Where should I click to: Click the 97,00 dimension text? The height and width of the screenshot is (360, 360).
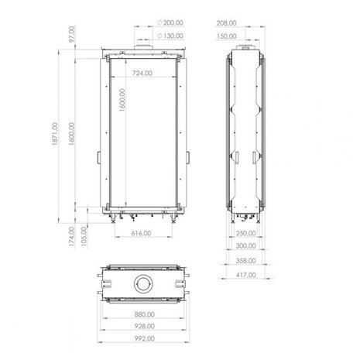pyautogui.click(x=70, y=36)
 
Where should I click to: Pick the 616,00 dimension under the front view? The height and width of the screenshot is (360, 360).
pyautogui.click(x=142, y=233)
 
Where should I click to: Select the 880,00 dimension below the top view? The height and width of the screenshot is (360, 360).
pyautogui.click(x=142, y=314)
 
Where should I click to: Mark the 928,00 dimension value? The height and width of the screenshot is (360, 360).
pyautogui.click(x=142, y=327)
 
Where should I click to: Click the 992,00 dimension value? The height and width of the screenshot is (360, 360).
pyautogui.click(x=142, y=338)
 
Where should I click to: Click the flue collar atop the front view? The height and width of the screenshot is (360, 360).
pyautogui.click(x=143, y=50)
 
